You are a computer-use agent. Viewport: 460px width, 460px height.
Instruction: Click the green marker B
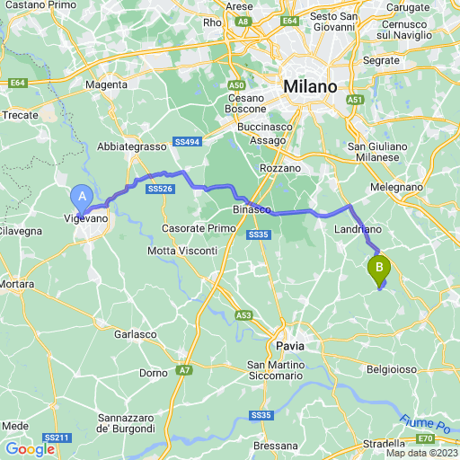[379, 267]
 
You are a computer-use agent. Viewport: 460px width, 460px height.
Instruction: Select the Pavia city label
[289, 345]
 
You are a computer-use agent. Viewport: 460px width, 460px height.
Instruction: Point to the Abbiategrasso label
[132, 146]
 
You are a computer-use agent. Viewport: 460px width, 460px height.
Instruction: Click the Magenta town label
[105, 84]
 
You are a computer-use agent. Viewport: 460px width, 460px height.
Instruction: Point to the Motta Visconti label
[177, 250]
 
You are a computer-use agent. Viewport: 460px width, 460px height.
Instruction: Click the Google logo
[30, 449]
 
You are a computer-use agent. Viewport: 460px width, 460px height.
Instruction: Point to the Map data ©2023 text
[421, 452]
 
